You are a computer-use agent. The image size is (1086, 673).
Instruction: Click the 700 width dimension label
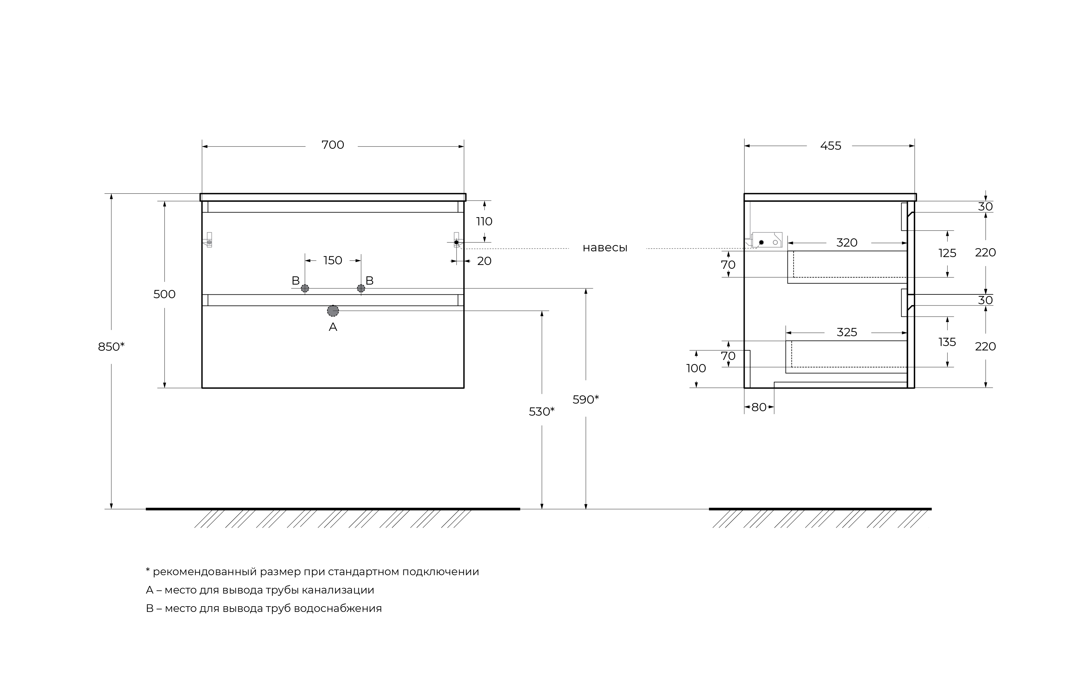(x=333, y=145)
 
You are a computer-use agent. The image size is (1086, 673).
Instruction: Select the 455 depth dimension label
(x=830, y=146)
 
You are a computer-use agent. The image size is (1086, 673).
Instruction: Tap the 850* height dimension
(x=111, y=346)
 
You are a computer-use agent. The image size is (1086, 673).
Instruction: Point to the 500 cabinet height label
(x=164, y=294)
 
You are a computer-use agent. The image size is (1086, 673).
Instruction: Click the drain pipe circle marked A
(x=333, y=311)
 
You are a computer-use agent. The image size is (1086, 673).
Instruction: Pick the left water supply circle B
(x=305, y=288)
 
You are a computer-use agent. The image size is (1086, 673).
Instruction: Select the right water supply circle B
(x=361, y=288)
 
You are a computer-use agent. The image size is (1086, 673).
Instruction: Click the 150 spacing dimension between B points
(x=333, y=261)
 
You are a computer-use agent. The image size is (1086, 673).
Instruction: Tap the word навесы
(x=605, y=248)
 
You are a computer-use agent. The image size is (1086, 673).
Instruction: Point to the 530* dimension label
(x=542, y=412)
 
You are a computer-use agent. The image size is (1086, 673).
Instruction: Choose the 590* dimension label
(x=585, y=400)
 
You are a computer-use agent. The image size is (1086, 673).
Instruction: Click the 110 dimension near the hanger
(x=484, y=222)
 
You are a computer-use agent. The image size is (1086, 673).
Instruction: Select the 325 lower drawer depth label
(x=847, y=332)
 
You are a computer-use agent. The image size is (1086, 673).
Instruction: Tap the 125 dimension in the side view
(x=947, y=253)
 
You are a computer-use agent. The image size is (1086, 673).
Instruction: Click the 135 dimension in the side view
(x=947, y=342)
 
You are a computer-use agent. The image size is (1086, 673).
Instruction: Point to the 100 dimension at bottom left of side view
(x=696, y=368)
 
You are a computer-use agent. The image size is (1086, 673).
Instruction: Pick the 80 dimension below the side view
(x=759, y=407)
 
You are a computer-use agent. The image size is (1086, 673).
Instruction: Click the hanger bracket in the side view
(x=767, y=240)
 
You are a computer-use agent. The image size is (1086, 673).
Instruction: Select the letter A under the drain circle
(x=333, y=327)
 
